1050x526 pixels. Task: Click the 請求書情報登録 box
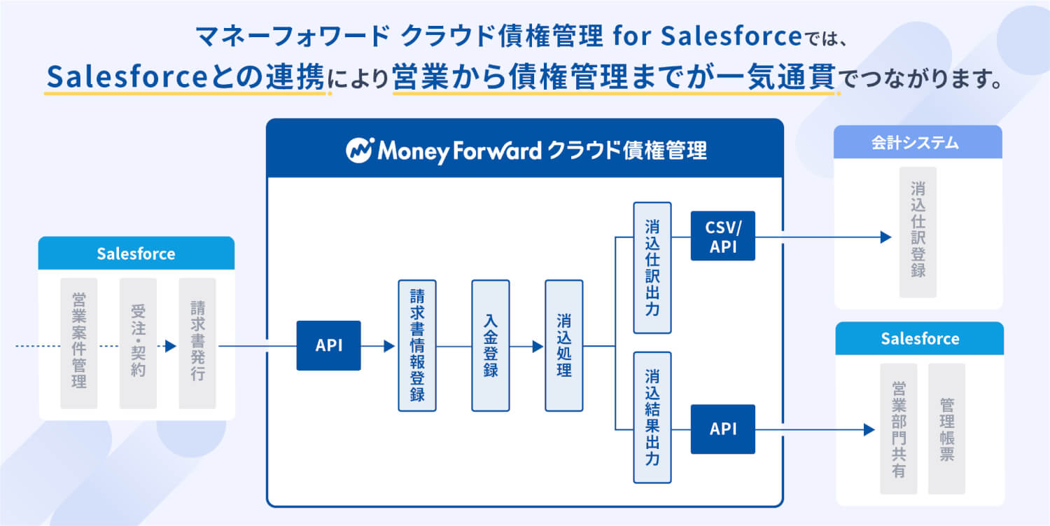pos(417,345)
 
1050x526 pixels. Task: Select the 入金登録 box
pos(491,345)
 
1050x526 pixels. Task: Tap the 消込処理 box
pos(564,345)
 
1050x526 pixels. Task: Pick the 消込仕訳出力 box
pos(652,268)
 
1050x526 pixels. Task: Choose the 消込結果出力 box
pos(652,417)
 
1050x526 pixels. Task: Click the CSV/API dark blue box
pos(723,236)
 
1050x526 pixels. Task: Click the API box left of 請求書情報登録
pos(329,345)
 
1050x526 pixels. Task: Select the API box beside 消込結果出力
pos(723,429)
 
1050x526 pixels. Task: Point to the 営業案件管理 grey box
pos(79,343)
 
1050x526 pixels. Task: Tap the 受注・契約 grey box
pos(138,343)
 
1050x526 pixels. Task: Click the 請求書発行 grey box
pos(197,343)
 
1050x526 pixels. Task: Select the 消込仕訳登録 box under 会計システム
pos(918,232)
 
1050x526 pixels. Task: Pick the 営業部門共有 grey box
pos(899,429)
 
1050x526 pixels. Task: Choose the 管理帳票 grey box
pos(946,429)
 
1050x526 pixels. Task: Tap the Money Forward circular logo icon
pos(360,150)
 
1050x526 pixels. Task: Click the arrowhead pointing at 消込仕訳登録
pos(886,237)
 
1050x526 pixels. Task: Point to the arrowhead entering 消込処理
pos(538,346)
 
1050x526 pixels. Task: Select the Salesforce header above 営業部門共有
pos(920,339)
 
